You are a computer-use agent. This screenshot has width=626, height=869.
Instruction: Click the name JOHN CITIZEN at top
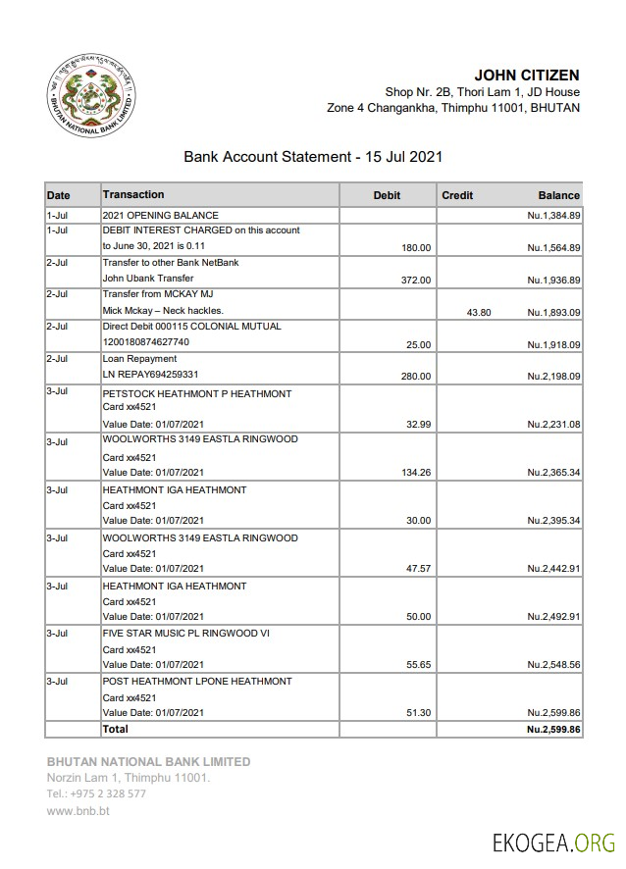tap(526, 75)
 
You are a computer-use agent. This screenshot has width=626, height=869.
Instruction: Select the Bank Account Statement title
tap(313, 156)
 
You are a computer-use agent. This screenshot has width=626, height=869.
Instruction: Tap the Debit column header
tap(387, 195)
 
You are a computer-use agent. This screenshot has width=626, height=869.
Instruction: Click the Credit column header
tap(457, 195)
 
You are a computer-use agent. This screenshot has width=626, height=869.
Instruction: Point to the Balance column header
tap(558, 195)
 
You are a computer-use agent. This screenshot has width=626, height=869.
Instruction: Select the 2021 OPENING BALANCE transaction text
tap(161, 215)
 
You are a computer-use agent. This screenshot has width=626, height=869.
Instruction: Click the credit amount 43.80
tap(479, 312)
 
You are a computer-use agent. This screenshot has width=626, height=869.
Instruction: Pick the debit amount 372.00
tap(416, 280)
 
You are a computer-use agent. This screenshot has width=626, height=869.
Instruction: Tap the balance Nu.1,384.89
tap(553, 215)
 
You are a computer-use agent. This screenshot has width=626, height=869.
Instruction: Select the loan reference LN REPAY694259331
tap(151, 375)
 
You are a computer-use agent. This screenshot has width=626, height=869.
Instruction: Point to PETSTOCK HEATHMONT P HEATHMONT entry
tap(197, 393)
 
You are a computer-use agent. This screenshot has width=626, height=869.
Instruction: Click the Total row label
tap(115, 729)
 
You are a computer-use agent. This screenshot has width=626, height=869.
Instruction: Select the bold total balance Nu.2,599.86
tap(553, 730)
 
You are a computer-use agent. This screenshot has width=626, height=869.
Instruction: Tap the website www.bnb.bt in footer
tap(78, 811)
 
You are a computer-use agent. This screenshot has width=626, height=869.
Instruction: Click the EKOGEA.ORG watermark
tap(553, 843)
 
